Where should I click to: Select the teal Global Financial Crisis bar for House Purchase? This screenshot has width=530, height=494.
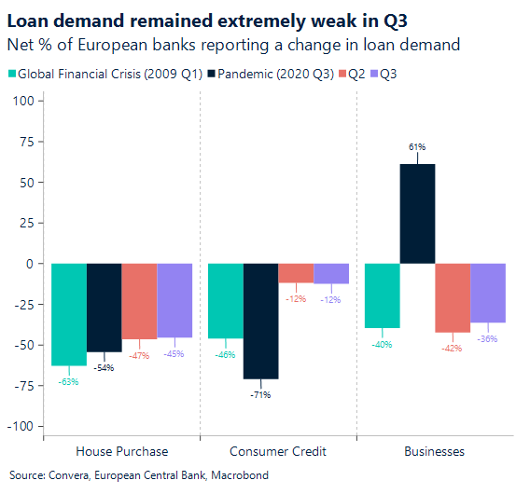click(x=69, y=314)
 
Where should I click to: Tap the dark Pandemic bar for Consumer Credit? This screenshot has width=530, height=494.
click(x=260, y=321)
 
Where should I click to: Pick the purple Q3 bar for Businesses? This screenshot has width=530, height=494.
click(x=488, y=293)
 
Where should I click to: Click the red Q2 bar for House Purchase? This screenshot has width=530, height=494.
click(x=139, y=301)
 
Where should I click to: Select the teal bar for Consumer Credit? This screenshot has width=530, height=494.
click(x=225, y=300)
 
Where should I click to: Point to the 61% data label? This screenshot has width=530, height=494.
click(x=417, y=147)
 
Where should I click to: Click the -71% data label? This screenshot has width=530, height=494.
click(x=260, y=395)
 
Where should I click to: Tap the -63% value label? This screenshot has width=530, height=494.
click(x=69, y=381)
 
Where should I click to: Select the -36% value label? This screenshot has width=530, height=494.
click(x=488, y=338)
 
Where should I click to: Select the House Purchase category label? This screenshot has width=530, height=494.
click(x=121, y=451)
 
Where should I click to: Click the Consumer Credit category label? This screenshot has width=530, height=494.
click(x=278, y=451)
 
